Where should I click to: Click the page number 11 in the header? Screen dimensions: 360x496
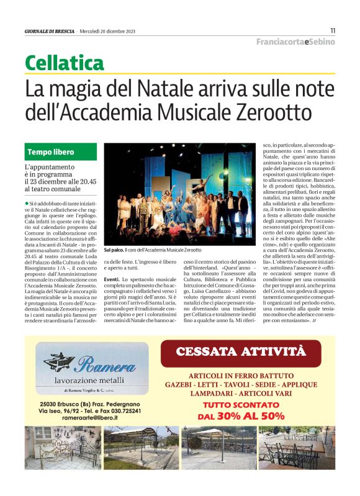pyautogui.click(x=333, y=30)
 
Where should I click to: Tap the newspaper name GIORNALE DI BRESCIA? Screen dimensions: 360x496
pyautogui.click(x=50, y=30)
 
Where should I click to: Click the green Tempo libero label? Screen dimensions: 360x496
pyautogui.click(x=51, y=152)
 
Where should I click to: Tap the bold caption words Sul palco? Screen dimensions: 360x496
pyautogui.click(x=114, y=250)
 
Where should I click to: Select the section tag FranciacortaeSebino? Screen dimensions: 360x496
pyautogui.click(x=295, y=42)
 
